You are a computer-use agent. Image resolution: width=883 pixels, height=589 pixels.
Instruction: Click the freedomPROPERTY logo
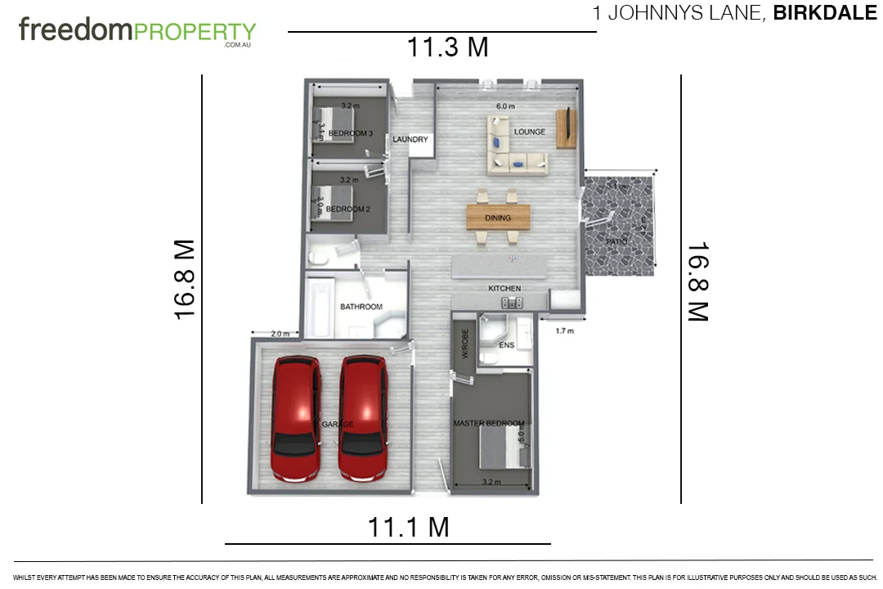[x=137, y=32]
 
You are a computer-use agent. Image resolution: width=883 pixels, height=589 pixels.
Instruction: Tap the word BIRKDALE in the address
[x=824, y=13]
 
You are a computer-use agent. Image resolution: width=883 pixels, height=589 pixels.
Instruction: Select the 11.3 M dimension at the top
[x=448, y=47]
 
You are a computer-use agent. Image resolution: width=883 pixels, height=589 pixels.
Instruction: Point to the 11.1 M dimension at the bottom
[x=408, y=527]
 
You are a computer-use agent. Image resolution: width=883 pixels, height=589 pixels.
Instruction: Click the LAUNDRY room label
[x=410, y=140]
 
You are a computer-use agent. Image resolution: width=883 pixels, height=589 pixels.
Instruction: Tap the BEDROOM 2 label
[x=348, y=209]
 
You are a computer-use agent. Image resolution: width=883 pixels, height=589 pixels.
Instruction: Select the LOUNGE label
[x=529, y=132]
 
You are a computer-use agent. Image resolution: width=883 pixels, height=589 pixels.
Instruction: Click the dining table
[x=498, y=217]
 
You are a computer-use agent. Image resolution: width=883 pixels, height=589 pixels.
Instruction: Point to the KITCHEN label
[x=504, y=289]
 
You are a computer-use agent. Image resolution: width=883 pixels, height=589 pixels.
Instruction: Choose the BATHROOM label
[x=361, y=307]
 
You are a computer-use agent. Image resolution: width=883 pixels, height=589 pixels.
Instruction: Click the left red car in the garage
[x=296, y=417]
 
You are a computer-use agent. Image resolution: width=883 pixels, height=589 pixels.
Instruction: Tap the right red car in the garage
[x=363, y=417]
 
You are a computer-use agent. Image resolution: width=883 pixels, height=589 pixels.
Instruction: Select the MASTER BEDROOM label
[x=489, y=423]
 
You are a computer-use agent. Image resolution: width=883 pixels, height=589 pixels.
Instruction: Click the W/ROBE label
[x=465, y=344]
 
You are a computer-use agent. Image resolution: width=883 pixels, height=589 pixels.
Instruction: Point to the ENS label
[x=506, y=346]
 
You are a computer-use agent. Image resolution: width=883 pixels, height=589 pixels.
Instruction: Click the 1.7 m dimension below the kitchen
[x=564, y=331]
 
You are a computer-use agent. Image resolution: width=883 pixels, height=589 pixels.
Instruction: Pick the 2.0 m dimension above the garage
[x=280, y=334]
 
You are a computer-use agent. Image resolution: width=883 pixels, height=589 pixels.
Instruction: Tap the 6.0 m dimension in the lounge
[x=506, y=106]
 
